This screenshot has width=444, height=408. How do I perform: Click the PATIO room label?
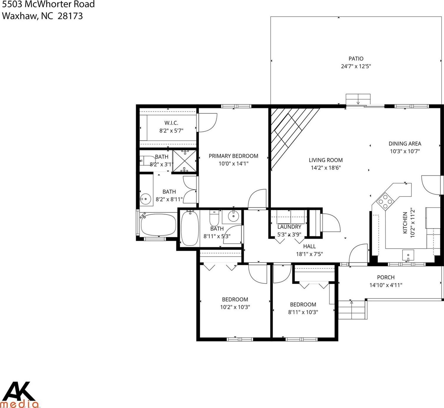(x=356, y=58)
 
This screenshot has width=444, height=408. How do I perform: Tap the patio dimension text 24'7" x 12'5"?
(x=356, y=66)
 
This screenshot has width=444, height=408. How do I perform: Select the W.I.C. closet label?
(x=171, y=123)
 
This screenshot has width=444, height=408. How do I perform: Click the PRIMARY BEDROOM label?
(x=233, y=156)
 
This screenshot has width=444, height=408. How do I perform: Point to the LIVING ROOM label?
(x=326, y=160)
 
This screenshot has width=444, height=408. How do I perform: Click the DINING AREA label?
(x=405, y=144)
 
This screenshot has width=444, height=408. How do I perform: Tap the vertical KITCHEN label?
(x=405, y=223)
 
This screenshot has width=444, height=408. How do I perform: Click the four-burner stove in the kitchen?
(x=385, y=201)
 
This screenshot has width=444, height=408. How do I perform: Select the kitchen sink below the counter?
(x=408, y=255)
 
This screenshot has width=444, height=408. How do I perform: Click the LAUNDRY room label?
(x=289, y=227)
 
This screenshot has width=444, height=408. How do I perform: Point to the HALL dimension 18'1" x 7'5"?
(x=310, y=254)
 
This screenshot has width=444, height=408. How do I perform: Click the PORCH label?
(x=386, y=277)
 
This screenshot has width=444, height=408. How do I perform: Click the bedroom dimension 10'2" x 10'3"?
(x=235, y=307)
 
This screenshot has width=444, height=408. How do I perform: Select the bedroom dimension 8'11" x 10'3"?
(x=303, y=312)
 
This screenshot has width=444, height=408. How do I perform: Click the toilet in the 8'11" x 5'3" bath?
(x=214, y=218)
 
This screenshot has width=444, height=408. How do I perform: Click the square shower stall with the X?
(x=184, y=161)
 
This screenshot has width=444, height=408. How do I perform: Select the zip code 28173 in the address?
(x=70, y=16)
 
